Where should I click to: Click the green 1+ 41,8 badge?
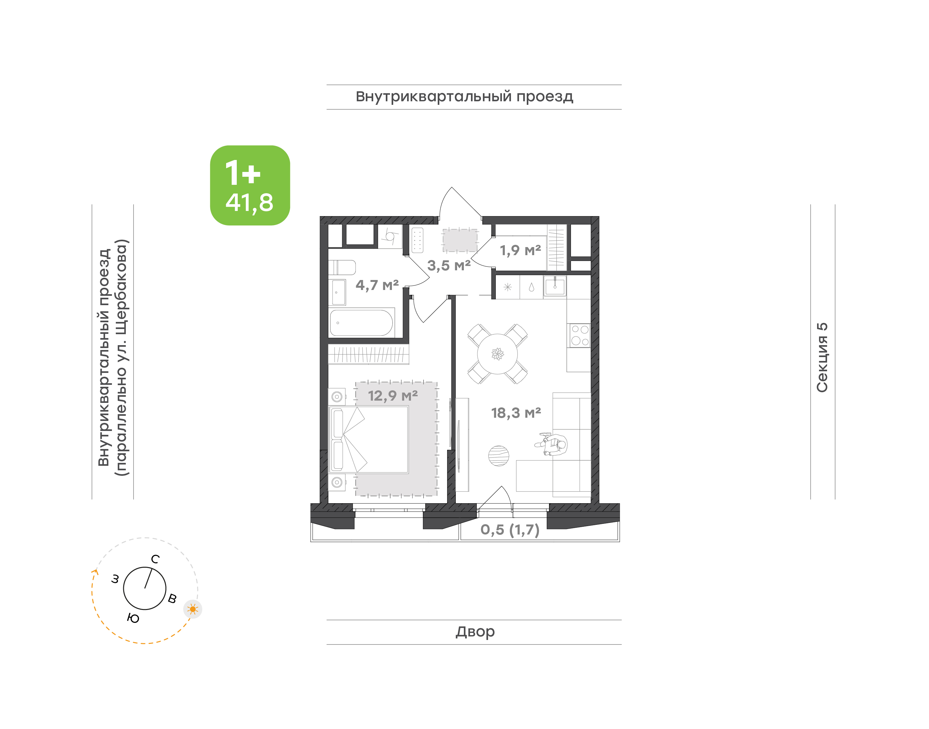click(x=250, y=185)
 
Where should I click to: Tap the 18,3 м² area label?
click(x=516, y=413)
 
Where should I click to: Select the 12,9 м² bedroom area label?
click(x=393, y=396)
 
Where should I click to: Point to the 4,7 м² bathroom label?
click(x=377, y=285)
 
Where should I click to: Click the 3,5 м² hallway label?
click(x=449, y=265)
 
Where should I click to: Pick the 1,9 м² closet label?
click(x=520, y=250)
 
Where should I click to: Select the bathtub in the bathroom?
click(x=362, y=323)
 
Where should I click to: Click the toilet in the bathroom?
click(x=342, y=268)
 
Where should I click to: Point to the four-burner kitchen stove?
click(x=580, y=335)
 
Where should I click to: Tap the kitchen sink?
click(x=555, y=285)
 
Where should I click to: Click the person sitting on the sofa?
click(x=551, y=444)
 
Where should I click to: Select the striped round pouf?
click(x=498, y=456)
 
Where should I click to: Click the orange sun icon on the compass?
click(x=193, y=609)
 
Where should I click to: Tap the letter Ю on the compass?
click(x=133, y=618)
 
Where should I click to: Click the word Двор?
click(x=475, y=631)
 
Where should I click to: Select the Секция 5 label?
click(x=822, y=357)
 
